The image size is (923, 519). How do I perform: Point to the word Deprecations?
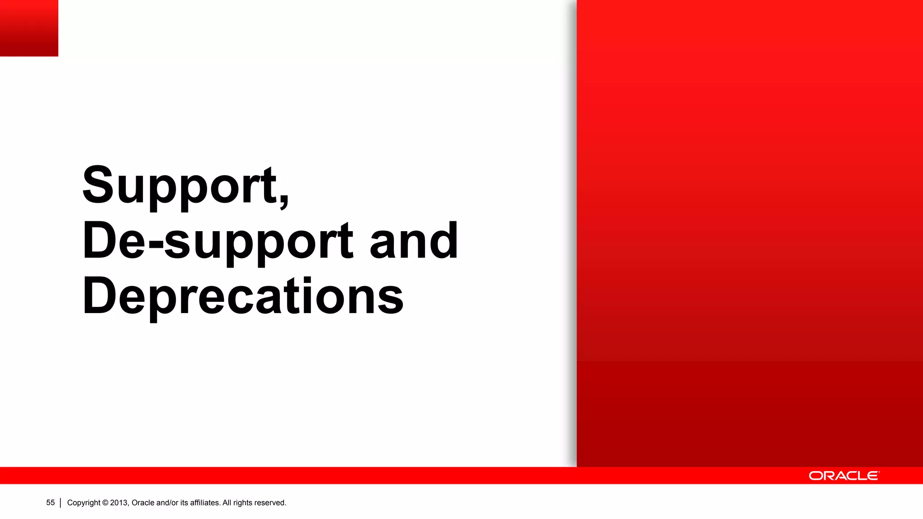coord(242,296)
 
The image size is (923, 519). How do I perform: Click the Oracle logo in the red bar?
coord(844,476)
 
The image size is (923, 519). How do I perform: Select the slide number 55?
coord(50,503)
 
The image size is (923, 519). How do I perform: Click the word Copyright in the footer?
coord(84,503)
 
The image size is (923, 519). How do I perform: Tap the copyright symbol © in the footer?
coord(105,503)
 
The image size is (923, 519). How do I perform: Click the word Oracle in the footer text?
coord(143,503)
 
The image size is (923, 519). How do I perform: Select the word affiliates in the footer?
coord(205,503)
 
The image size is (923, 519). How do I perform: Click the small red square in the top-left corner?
coord(29,28)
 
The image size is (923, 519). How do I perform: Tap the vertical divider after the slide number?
coord(60,503)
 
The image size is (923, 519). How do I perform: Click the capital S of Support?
coord(97,185)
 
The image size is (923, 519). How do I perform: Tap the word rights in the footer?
coord(242,503)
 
